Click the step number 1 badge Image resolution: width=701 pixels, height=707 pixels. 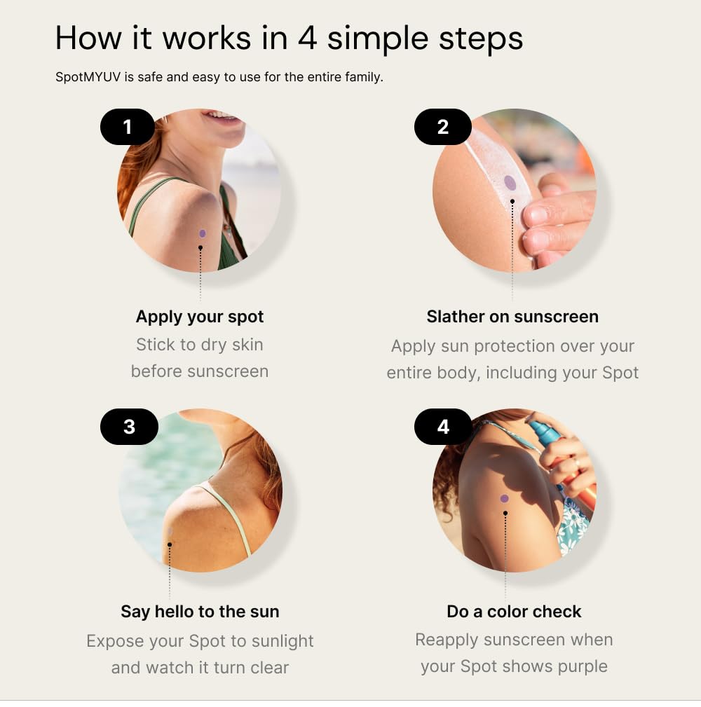(x=128, y=127)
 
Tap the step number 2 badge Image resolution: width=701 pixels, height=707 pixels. (x=442, y=127)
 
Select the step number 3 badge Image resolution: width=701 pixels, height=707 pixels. (x=129, y=427)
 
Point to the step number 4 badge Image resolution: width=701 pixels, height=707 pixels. (x=442, y=427)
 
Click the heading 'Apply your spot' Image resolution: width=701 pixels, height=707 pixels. (x=200, y=317)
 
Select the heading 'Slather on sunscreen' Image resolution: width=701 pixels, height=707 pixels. (x=512, y=317)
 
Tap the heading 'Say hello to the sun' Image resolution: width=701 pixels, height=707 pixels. (x=200, y=612)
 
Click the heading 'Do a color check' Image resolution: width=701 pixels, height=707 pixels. (x=514, y=612)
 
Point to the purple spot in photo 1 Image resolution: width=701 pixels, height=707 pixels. (x=203, y=233)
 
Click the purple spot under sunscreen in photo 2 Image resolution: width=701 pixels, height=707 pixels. (x=510, y=184)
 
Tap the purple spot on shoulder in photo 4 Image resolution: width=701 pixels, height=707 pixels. (x=505, y=499)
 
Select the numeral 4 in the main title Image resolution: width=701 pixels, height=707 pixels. (x=307, y=38)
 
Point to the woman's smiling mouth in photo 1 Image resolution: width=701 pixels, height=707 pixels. (x=223, y=116)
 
